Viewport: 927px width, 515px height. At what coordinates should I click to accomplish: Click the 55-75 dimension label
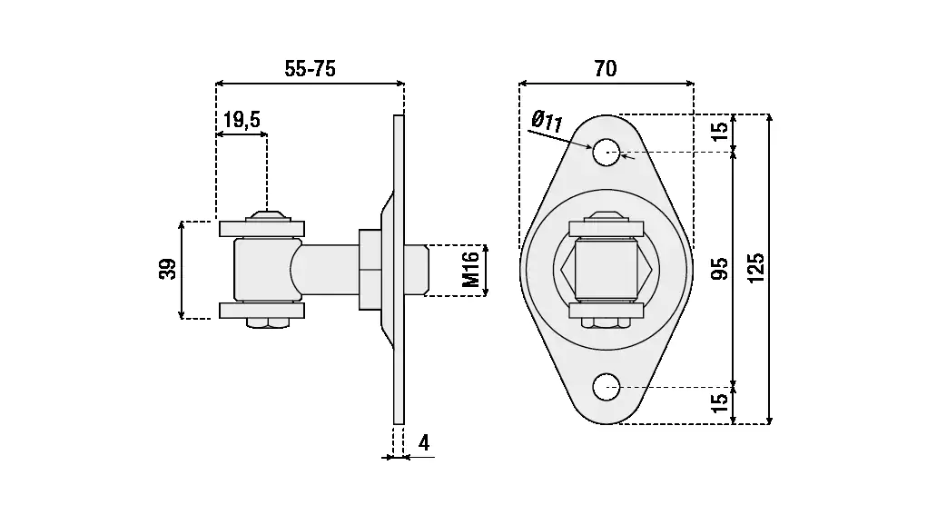point(310,70)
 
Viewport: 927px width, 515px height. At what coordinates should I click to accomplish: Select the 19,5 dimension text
point(242,119)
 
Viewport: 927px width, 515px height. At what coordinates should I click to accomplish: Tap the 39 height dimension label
point(168,269)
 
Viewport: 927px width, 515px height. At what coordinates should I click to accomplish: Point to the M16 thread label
point(470,270)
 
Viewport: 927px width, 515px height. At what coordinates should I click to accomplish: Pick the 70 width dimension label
point(606,68)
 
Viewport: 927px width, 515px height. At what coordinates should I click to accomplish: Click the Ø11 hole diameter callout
point(547,118)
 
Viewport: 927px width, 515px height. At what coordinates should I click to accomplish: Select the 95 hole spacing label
point(719,269)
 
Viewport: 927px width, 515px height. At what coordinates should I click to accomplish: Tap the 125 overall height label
point(757,268)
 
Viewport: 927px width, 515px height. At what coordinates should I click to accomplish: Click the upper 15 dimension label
point(719,131)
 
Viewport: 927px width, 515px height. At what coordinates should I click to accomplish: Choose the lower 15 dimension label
point(719,400)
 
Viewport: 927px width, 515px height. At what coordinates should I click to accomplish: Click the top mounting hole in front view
point(606,153)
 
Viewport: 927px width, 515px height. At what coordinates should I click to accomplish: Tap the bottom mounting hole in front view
point(606,387)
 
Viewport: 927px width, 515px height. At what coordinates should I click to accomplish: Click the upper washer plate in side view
point(262,228)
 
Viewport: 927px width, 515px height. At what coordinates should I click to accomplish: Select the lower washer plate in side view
point(262,311)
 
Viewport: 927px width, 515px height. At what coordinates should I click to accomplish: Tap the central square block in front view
point(606,269)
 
